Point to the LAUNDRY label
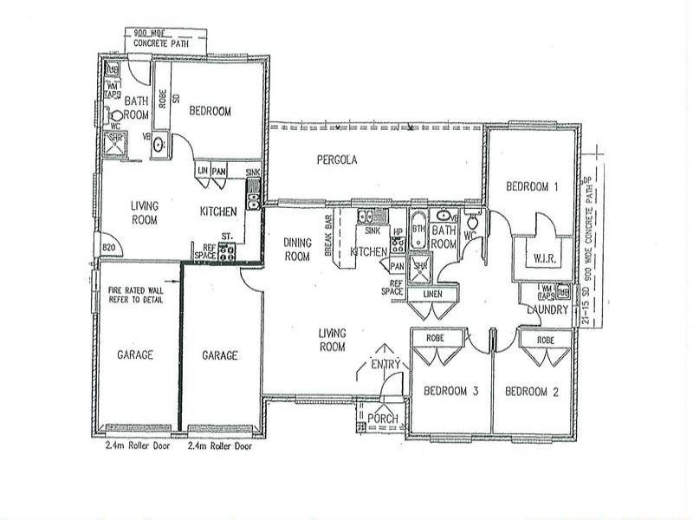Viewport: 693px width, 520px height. (548, 309)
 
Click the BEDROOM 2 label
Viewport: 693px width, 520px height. (532, 392)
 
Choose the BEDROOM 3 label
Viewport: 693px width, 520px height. (450, 392)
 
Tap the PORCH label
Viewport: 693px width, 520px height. (382, 419)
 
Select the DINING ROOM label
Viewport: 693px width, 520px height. (297, 250)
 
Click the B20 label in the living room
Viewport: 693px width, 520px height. (109, 247)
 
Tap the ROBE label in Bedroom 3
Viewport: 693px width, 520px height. (435, 339)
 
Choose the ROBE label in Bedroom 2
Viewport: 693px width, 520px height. (546, 341)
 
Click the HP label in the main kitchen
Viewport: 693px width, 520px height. (398, 232)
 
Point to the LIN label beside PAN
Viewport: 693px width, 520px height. (202, 172)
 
